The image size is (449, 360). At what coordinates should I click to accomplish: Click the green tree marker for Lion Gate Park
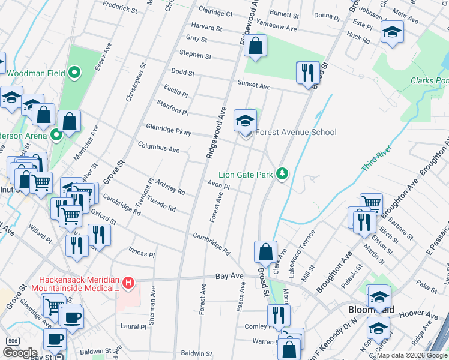click(x=282, y=175)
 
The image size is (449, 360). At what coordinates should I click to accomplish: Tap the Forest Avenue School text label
click(x=297, y=133)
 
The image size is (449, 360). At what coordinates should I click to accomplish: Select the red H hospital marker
click(x=128, y=281)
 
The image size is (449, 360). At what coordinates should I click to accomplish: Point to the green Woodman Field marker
click(x=75, y=73)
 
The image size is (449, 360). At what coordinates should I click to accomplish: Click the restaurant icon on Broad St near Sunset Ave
click(x=308, y=73)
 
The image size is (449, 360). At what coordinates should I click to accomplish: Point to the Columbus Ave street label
click(x=158, y=147)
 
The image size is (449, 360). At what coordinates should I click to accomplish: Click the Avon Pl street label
click(x=218, y=185)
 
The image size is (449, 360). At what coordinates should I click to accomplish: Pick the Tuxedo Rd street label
click(x=162, y=205)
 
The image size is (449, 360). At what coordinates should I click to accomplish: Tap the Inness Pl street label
click(x=142, y=254)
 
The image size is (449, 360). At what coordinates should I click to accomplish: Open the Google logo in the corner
click(x=20, y=353)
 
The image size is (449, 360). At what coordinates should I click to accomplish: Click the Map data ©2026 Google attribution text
click(x=412, y=355)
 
